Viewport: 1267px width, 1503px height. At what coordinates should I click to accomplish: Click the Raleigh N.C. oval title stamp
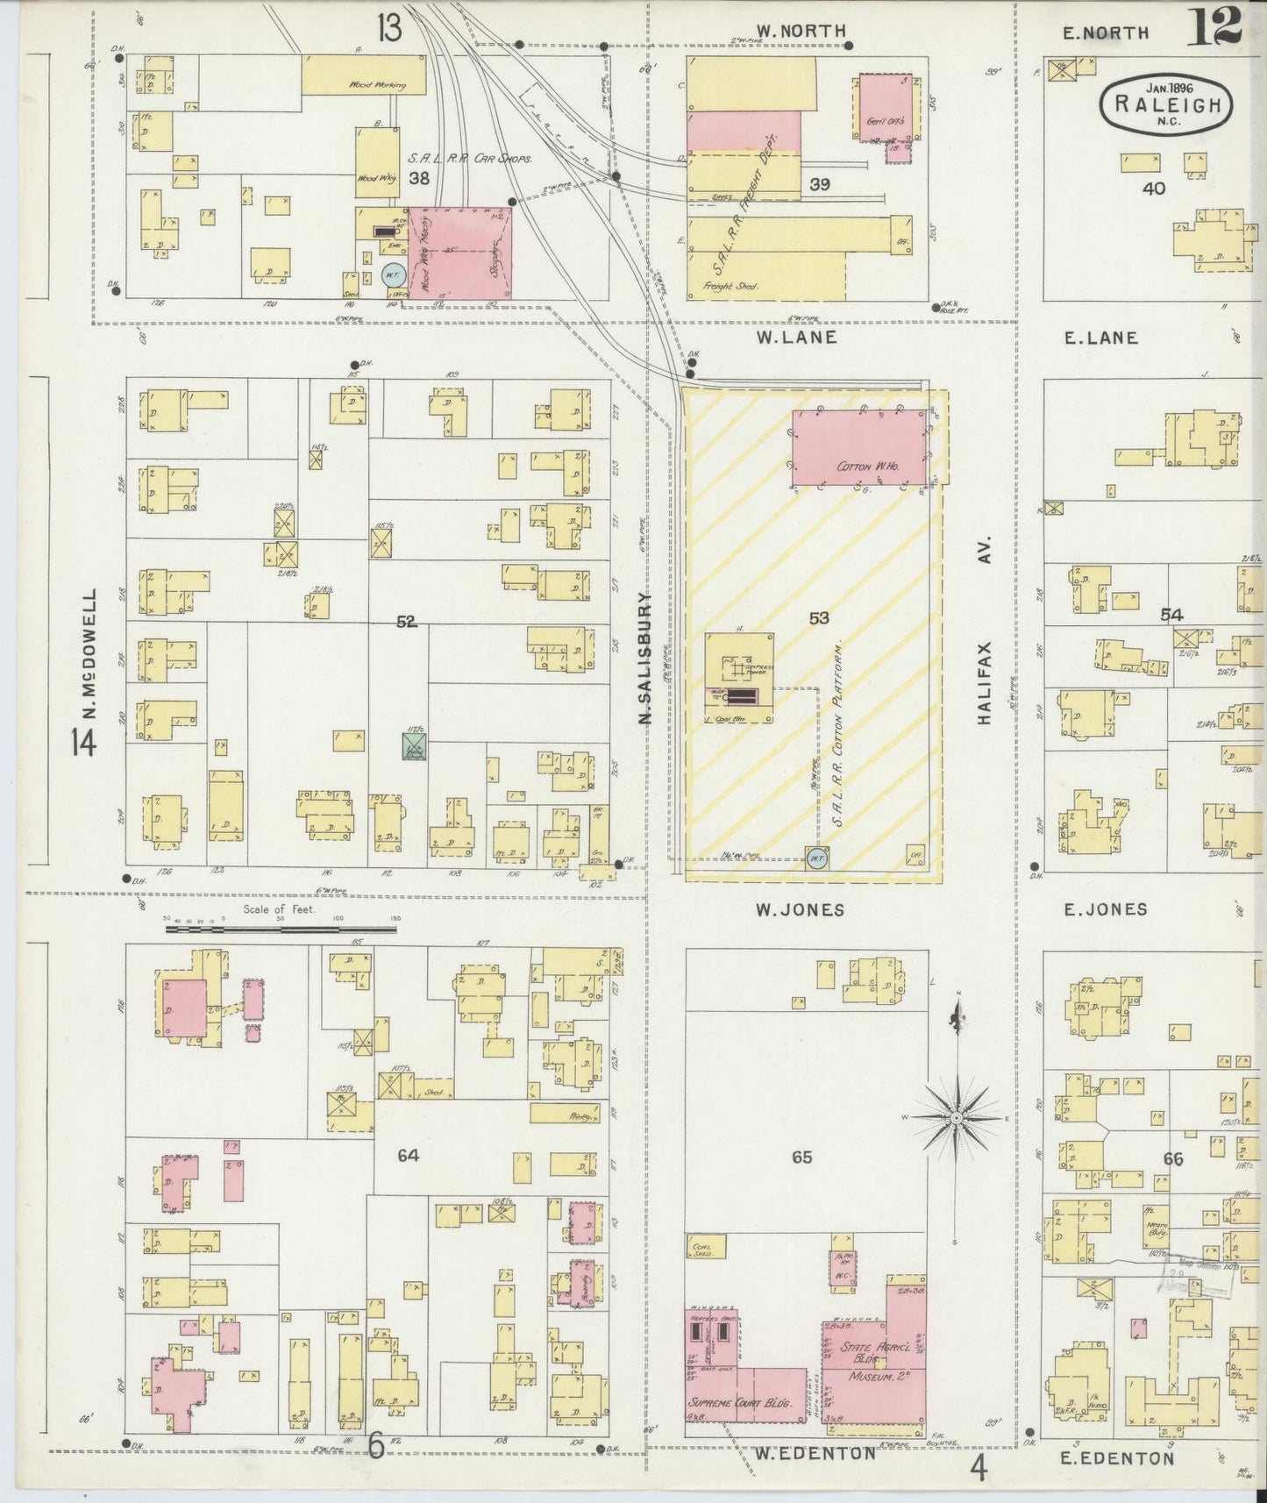click(1166, 103)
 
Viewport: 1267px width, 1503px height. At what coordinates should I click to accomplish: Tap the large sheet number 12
click(1215, 25)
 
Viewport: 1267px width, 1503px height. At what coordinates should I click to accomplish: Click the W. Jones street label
click(801, 909)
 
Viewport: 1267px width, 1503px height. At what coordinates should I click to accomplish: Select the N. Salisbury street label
click(646, 658)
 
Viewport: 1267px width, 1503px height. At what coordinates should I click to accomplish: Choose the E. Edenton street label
click(1117, 1458)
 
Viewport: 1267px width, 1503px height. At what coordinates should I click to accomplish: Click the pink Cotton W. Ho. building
click(858, 447)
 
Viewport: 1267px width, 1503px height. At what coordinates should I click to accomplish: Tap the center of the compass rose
click(959, 1118)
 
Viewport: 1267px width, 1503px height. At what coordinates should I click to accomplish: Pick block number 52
click(406, 622)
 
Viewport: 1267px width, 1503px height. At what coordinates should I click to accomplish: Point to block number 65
click(801, 1157)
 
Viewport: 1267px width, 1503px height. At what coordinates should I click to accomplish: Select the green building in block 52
click(414, 745)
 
